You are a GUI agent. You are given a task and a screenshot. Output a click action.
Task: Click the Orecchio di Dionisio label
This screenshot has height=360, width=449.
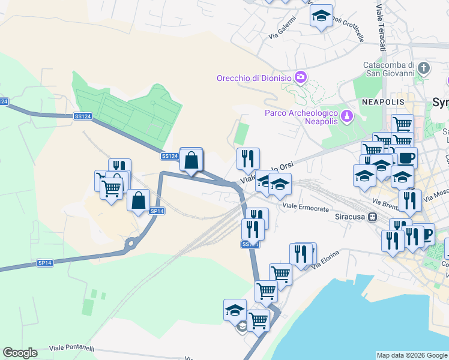254,78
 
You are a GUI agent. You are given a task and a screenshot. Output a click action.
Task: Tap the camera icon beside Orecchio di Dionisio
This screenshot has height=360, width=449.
301,77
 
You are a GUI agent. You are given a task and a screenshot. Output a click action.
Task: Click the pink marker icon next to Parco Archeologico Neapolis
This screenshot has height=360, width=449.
346,115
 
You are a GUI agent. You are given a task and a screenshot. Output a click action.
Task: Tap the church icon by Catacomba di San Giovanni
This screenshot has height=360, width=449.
425,68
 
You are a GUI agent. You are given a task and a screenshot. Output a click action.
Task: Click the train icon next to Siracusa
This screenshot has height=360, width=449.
373,217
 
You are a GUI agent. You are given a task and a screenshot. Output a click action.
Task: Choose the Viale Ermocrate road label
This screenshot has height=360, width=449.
306,208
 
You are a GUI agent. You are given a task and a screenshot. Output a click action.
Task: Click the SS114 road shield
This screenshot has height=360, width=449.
250,244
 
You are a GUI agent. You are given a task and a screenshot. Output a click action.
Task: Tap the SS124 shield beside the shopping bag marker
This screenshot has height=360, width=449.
170,156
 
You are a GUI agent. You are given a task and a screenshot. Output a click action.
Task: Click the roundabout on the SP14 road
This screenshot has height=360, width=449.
130,244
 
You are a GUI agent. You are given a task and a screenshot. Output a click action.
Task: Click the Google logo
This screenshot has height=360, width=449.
20,353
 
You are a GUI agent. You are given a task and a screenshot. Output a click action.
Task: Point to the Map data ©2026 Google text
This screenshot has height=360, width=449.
412,355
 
